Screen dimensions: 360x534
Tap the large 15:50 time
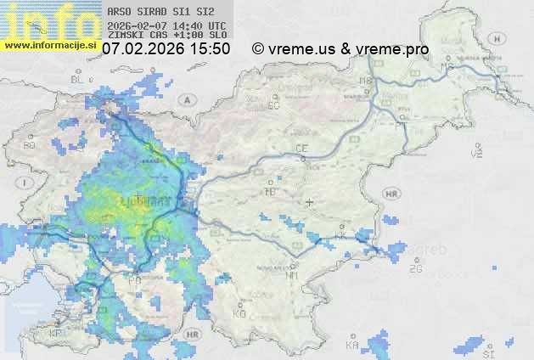(x=210, y=49)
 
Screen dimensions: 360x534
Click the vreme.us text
(x=301, y=49)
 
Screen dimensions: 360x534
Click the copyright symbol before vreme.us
(x=258, y=49)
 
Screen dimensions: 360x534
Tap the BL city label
(x=77, y=79)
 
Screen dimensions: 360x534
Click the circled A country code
(x=184, y=98)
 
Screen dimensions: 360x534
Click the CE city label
(x=301, y=149)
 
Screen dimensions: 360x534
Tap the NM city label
(x=293, y=275)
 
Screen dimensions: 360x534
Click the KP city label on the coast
(x=56, y=334)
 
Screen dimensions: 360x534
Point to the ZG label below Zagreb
(x=415, y=269)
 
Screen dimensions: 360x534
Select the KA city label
(x=351, y=345)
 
